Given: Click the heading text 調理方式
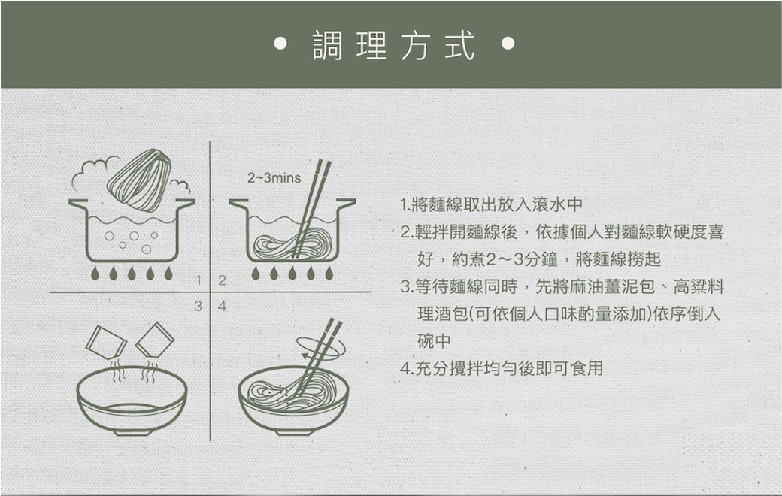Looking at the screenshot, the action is pos(393,45).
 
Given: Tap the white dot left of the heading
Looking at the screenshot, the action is pos(280,44).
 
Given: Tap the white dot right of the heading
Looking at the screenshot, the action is pos(508,44).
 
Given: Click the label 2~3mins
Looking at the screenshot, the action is pos(274,178).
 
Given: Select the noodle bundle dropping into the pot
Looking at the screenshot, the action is pos(140,180).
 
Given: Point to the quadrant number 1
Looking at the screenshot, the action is pos(199,280).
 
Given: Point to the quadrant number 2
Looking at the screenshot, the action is pos(222,280).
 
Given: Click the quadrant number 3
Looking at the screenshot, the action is pos(199,306).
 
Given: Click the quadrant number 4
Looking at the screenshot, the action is pos(222,306).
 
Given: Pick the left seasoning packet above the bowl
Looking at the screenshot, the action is pos(106,342).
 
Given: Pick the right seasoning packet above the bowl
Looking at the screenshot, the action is pos(155,340).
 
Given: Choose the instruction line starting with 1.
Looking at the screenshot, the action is pos(491,204).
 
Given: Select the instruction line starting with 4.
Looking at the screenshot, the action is pos(502,368).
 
